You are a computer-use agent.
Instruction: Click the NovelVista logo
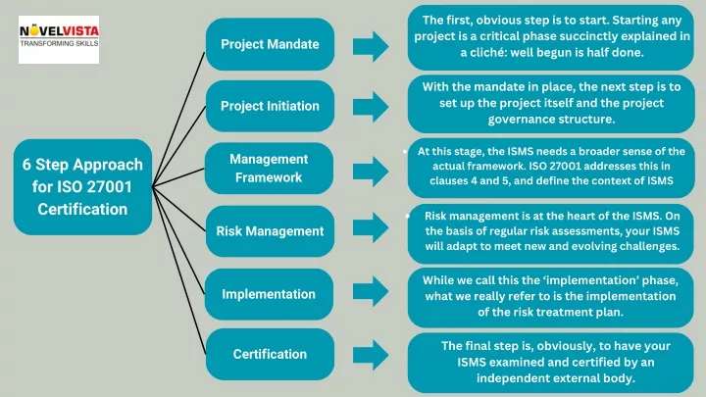click(x=59, y=39)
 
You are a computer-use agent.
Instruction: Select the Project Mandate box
click(x=270, y=44)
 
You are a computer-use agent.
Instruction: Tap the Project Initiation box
click(x=270, y=106)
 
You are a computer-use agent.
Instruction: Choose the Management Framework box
click(x=269, y=169)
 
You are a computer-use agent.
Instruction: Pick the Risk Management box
click(x=270, y=231)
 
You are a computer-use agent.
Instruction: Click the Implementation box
click(x=269, y=294)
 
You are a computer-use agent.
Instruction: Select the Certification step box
click(x=270, y=354)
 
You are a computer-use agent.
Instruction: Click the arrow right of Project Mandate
click(x=371, y=46)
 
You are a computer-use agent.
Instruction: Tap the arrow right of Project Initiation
click(x=371, y=107)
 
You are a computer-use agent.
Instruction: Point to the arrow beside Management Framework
click(x=371, y=172)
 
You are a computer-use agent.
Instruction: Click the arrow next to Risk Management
click(x=371, y=227)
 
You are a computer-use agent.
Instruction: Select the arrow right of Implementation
click(x=371, y=291)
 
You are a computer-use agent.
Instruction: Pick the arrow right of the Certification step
click(x=371, y=355)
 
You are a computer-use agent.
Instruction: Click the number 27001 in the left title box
click(x=109, y=187)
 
